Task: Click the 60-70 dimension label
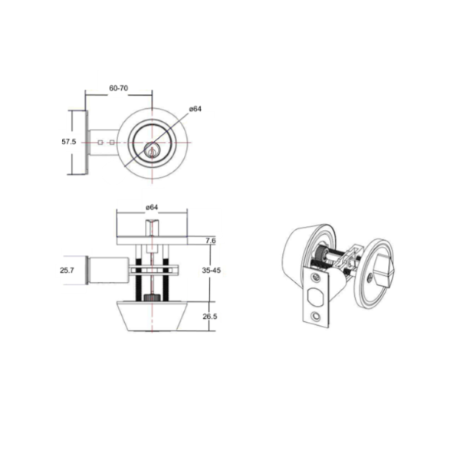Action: (x=119, y=88)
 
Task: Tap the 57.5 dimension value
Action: (x=69, y=142)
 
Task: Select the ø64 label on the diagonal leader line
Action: (x=195, y=109)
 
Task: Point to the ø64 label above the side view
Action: (x=152, y=207)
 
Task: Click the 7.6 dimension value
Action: (x=211, y=241)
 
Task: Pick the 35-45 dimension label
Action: (x=212, y=270)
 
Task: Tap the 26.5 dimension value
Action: (x=210, y=317)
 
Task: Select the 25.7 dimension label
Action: (x=67, y=270)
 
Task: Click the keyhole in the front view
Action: (x=152, y=152)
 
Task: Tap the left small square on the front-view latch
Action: (x=100, y=143)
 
